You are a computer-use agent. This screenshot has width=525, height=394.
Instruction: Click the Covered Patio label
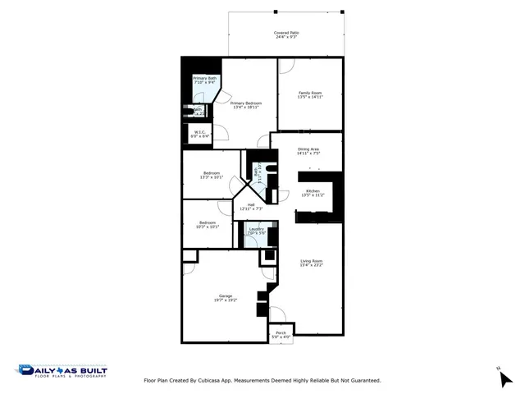(285, 33)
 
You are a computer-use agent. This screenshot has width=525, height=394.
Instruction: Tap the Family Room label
(310, 93)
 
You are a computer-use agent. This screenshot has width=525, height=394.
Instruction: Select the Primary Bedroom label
(246, 103)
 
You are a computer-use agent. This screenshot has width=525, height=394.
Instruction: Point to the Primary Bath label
(204, 79)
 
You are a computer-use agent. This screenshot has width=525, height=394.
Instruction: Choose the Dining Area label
(308, 149)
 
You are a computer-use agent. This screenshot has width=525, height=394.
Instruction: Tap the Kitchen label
(313, 190)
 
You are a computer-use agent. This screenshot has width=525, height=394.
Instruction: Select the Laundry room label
(256, 229)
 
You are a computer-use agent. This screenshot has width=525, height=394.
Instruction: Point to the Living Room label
(311, 261)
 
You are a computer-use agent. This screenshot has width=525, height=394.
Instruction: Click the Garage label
(225, 295)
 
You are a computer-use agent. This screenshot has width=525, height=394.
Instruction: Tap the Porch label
(281, 332)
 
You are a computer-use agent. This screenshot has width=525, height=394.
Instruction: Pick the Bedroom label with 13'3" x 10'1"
(212, 173)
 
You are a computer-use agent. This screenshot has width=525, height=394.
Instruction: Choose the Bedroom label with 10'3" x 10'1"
(207, 222)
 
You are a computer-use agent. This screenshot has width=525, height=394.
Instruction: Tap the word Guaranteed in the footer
(362, 380)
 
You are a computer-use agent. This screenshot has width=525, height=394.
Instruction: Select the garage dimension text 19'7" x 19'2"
(225, 300)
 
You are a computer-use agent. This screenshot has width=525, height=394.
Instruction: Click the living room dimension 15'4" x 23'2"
(311, 265)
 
